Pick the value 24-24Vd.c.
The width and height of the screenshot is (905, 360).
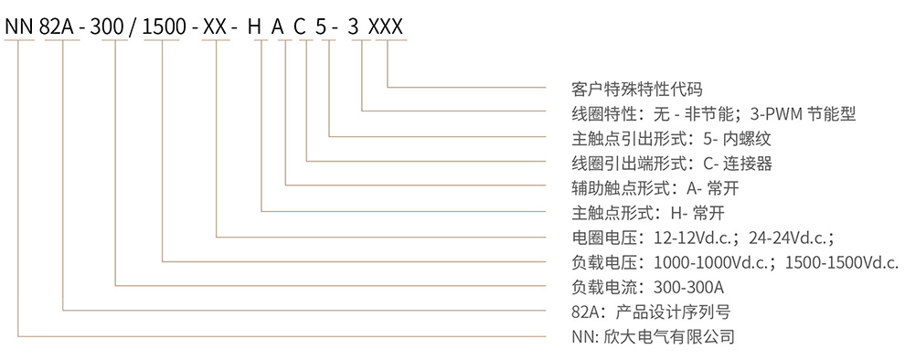click(x=791, y=238)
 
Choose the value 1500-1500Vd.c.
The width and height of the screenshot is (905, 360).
click(x=841, y=262)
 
